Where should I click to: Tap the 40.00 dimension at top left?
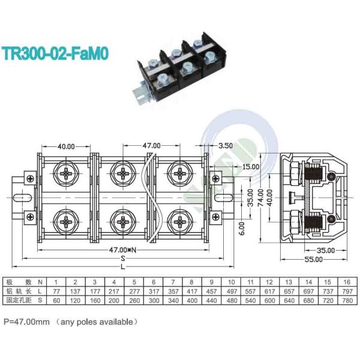(66, 146)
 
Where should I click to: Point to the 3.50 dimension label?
(226, 146)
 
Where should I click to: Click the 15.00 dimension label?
(251, 166)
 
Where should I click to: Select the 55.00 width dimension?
(312, 260)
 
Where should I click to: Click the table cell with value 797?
(346, 291)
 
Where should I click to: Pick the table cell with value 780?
(346, 299)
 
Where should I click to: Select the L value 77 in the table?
(56, 291)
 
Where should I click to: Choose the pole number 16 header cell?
(346, 282)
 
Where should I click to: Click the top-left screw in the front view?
(65, 173)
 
